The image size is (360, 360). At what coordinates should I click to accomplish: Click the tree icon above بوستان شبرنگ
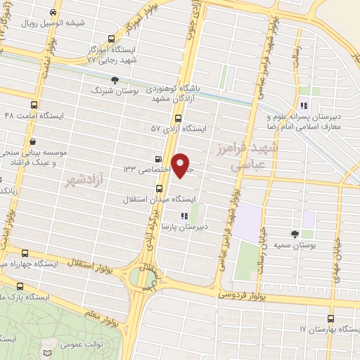(x=115, y=80)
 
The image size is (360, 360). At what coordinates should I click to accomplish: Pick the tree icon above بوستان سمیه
(x=295, y=233)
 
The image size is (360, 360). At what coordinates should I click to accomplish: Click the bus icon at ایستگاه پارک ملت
(x=19, y=287)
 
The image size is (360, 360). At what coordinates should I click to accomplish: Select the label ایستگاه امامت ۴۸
(x=33, y=115)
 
